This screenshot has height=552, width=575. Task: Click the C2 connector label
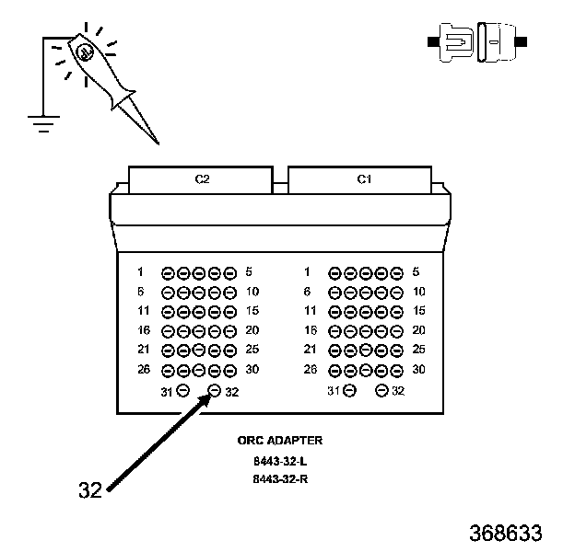tap(202, 179)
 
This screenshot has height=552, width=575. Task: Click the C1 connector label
tap(364, 179)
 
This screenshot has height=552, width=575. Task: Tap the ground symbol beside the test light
tap(43, 124)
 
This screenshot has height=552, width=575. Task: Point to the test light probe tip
tap(158, 144)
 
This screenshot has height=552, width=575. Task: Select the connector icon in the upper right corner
tap(477, 42)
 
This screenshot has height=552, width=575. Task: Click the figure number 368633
tap(505, 533)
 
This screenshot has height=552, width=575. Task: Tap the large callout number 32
tap(90, 489)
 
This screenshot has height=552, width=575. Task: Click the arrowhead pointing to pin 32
tap(205, 399)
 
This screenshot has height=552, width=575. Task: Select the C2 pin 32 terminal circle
tap(215, 391)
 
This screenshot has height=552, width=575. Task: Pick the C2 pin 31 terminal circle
tap(183, 390)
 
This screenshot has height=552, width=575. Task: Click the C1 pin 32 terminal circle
tap(381, 391)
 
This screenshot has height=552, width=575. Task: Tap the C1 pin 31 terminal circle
tap(350, 391)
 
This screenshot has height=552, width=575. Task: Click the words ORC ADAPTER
tap(280, 441)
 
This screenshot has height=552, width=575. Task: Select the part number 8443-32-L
tap(280, 461)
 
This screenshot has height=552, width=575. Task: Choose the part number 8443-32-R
tap(280, 478)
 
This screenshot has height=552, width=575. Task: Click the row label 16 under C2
tap(144, 330)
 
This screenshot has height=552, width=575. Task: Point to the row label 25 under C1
tap(418, 350)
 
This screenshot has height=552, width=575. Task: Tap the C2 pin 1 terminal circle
tap(168, 273)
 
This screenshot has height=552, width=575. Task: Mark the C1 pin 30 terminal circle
tap(396, 371)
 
